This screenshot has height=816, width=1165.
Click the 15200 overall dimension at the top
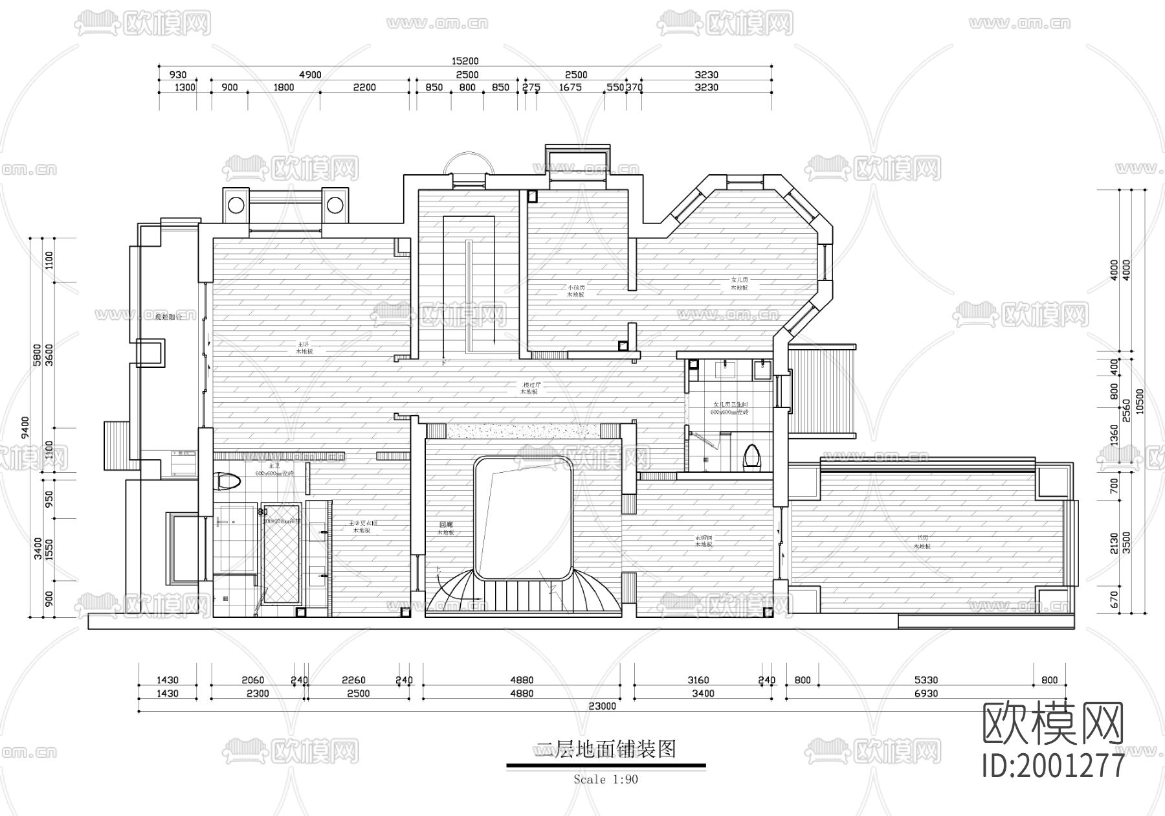coord(465,61)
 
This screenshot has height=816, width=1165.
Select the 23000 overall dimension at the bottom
coord(602,707)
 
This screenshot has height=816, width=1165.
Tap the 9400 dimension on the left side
coord(25,428)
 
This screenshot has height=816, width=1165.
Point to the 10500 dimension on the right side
coord(1140,401)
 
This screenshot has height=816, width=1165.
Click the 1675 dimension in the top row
coord(573,87)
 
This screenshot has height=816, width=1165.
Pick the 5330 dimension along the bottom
coord(926,680)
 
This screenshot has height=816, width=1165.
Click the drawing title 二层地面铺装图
coord(606,750)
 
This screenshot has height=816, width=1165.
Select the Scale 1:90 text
coord(606,780)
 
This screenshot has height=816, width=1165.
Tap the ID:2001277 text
coord(1053,766)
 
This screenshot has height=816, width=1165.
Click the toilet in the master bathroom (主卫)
coord(227,481)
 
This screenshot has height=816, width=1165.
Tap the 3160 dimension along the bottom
coord(698,680)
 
